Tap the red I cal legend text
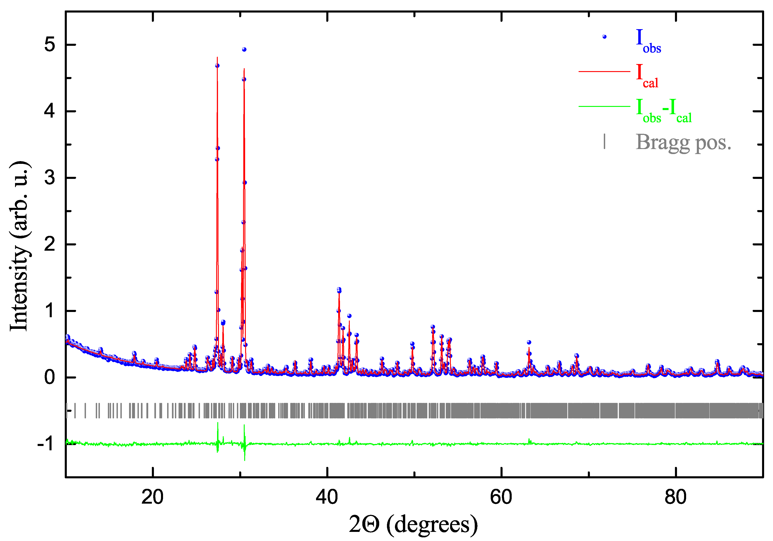[x=647, y=76]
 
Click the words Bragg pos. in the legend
[x=683, y=143]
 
